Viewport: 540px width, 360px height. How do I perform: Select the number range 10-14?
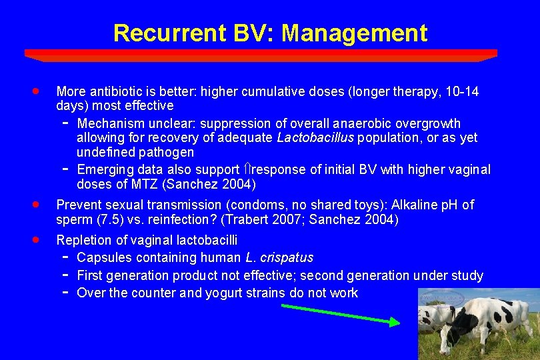[x=463, y=91]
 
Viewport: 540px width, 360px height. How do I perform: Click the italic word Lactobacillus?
[x=315, y=138]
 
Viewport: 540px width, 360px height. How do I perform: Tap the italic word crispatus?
[x=287, y=257]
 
